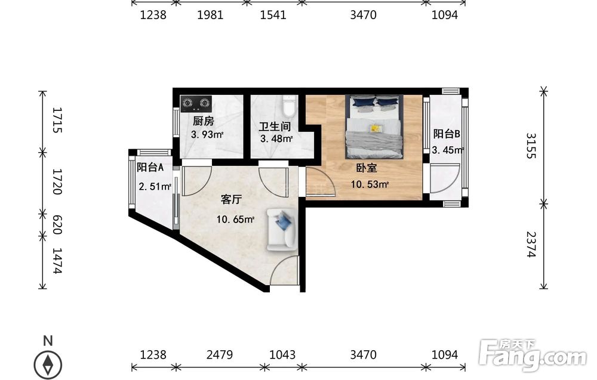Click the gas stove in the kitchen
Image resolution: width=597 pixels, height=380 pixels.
[x=196, y=103]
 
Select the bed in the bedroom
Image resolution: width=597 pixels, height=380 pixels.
[x=374, y=126]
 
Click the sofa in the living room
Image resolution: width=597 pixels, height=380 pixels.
[x=281, y=229]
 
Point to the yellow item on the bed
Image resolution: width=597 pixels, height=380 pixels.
[x=376, y=128]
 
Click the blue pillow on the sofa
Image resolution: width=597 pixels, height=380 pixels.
[x=283, y=221]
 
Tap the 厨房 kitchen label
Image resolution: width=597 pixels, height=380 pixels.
[x=204, y=121]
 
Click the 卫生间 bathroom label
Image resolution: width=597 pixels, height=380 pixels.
[x=275, y=126]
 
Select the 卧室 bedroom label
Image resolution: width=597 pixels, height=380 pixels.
[x=367, y=168]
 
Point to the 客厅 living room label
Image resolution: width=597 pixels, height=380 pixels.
[x=231, y=199]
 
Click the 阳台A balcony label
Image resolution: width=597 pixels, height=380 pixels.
[x=150, y=167]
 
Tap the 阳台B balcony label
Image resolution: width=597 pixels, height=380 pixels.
[x=447, y=134]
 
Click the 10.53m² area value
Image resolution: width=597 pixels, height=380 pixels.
[x=370, y=184]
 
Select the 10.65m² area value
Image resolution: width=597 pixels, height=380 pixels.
[x=235, y=220]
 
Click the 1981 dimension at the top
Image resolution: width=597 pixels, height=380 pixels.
[x=210, y=15]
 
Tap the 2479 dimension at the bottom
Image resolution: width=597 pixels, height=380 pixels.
[x=220, y=354]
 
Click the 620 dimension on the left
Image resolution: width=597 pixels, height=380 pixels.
[x=57, y=224]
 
